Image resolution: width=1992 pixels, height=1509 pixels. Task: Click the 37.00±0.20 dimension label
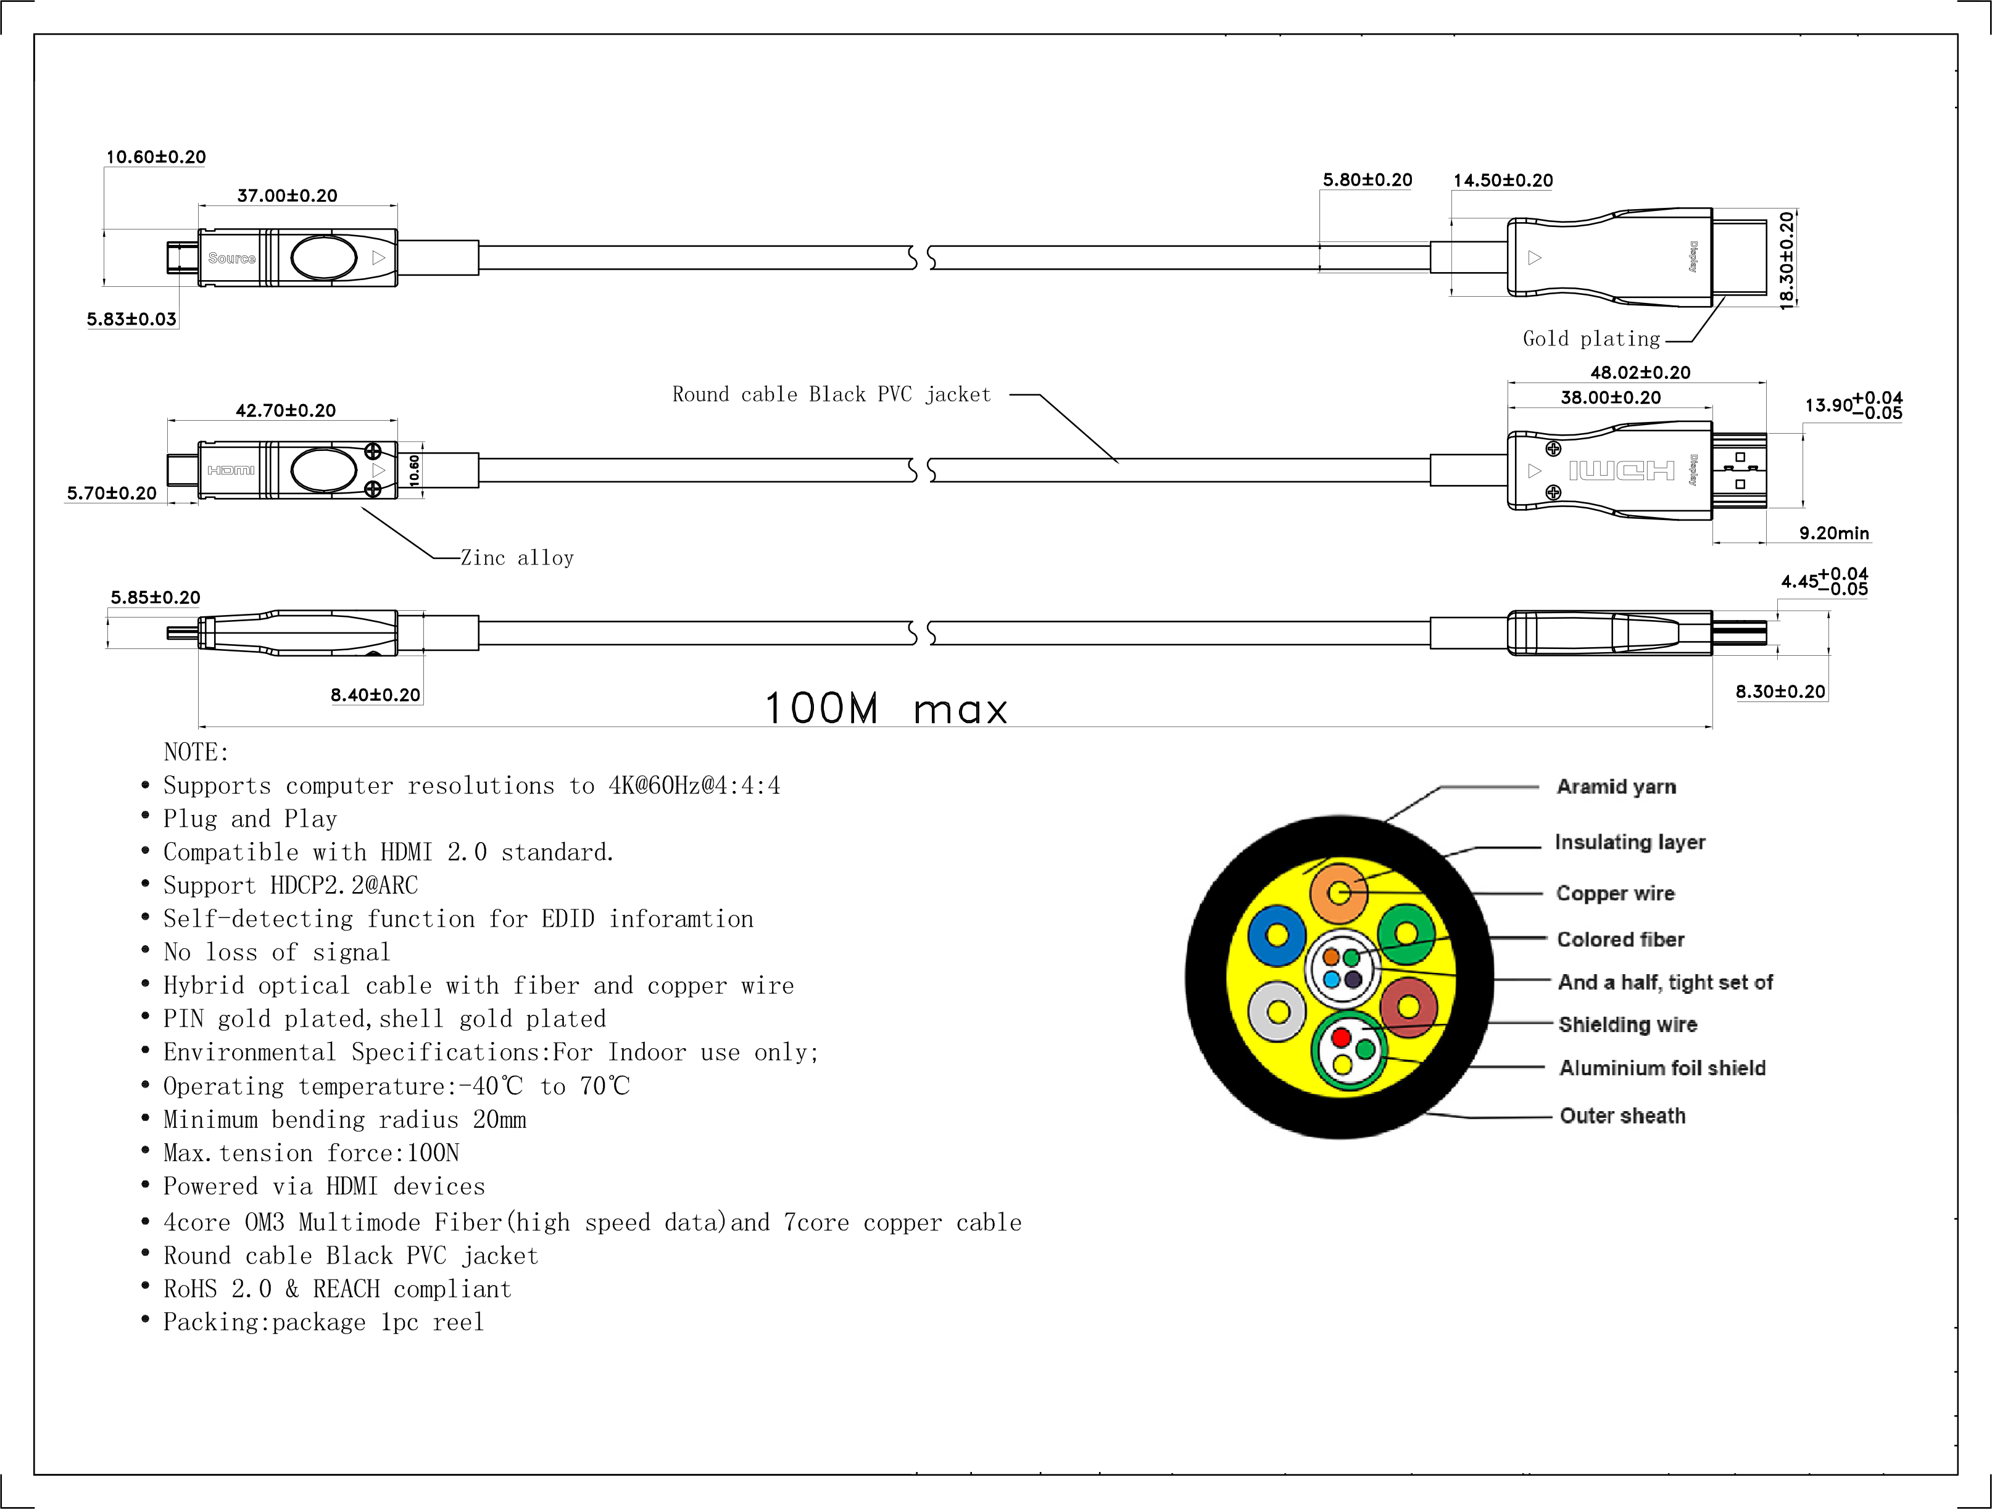tap(288, 196)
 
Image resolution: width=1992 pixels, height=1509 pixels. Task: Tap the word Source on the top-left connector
tap(231, 258)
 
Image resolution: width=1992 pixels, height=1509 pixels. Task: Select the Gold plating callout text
tap(1592, 339)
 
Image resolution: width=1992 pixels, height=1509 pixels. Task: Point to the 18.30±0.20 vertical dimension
tap(1787, 261)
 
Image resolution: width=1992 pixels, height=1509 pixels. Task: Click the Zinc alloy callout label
tap(517, 558)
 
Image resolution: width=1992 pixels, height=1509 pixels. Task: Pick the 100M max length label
tap(886, 709)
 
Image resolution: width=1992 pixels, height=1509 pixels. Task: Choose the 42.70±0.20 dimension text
tap(286, 410)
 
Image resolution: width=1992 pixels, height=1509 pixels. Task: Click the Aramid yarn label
tap(1616, 787)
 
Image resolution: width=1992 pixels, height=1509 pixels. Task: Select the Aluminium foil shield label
tap(1662, 1068)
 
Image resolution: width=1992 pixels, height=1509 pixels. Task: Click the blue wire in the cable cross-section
tap(1276, 935)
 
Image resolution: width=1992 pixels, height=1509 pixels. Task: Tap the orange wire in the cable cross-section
tap(1339, 893)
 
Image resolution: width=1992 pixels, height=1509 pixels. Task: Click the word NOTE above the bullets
tap(196, 752)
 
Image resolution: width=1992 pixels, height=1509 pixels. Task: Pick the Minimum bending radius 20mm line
tap(344, 1119)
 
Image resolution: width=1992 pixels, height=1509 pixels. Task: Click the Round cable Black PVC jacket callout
tap(831, 394)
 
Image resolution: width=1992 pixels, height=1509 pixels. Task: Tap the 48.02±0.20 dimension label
tap(1640, 373)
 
